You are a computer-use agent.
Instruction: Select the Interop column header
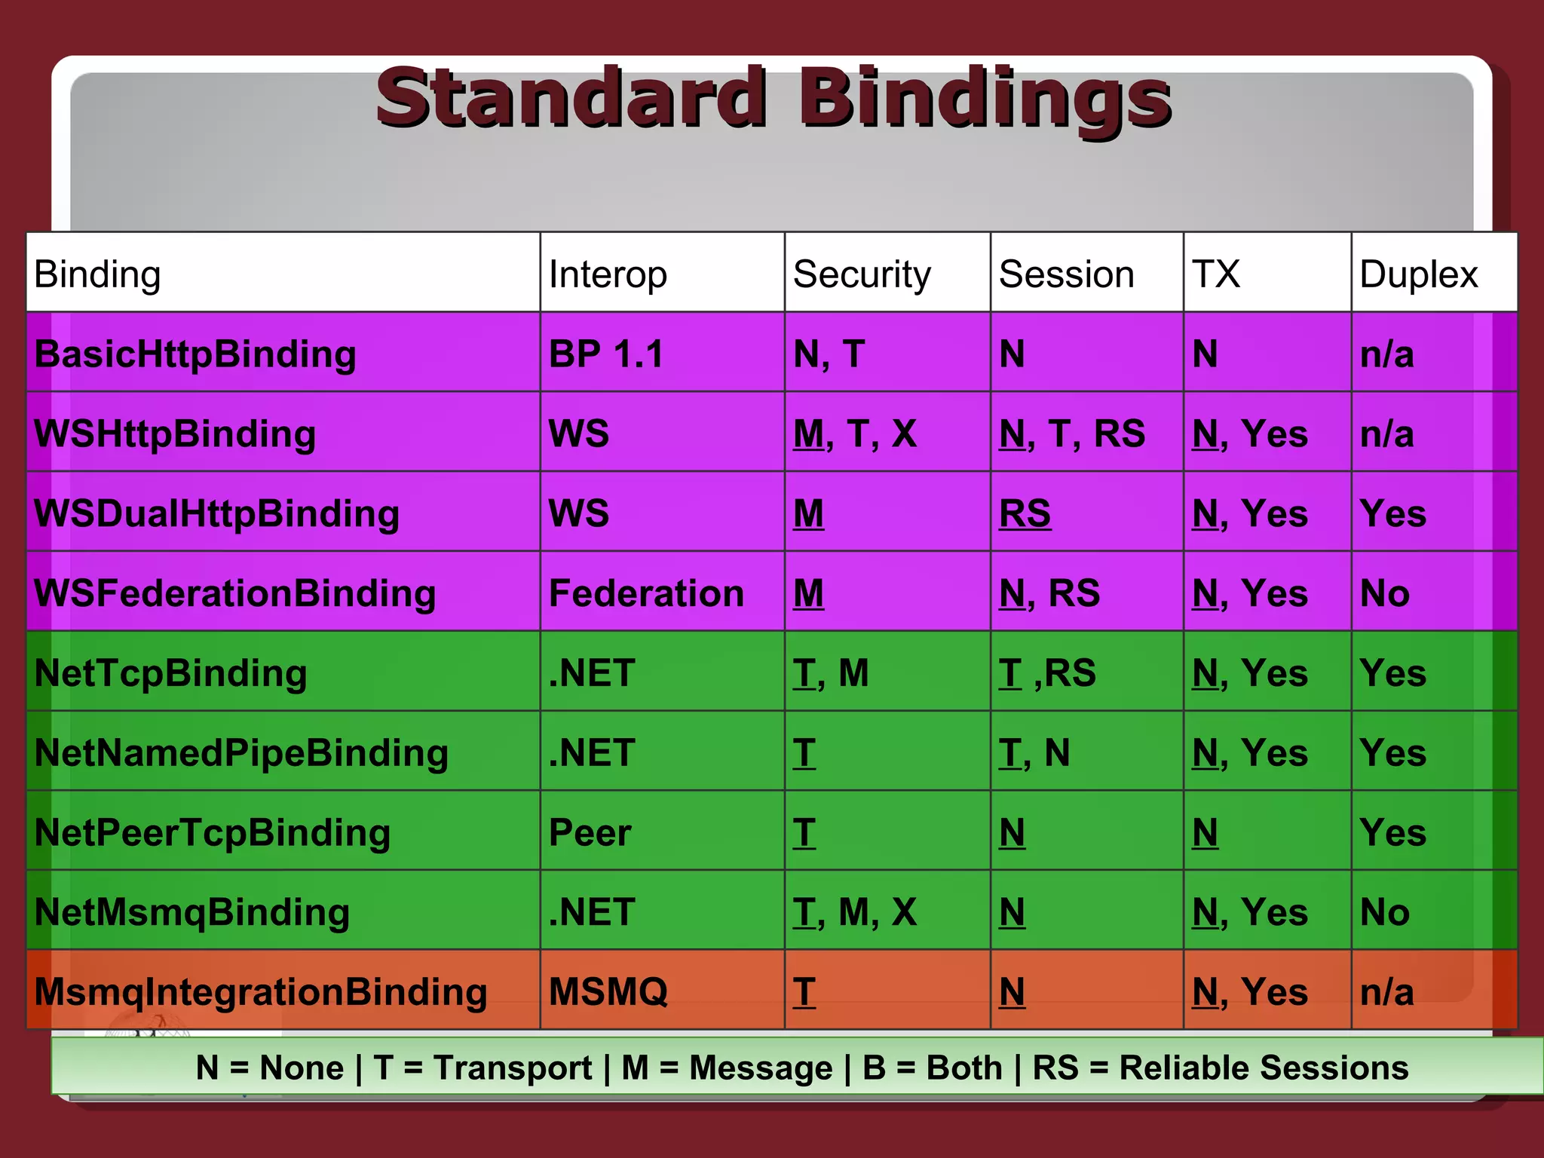(x=608, y=274)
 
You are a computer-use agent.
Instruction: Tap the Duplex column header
(x=1418, y=274)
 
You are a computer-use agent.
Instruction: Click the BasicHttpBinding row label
(x=195, y=354)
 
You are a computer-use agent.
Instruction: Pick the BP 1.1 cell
(x=606, y=354)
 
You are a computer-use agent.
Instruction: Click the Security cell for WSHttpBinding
(x=855, y=434)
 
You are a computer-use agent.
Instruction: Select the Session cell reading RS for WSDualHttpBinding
(x=1025, y=514)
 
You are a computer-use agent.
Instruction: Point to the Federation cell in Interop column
(x=646, y=593)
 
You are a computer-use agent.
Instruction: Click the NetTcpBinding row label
(x=171, y=673)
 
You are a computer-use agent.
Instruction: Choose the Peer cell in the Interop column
(x=590, y=833)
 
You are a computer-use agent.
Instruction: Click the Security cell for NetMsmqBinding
(x=855, y=912)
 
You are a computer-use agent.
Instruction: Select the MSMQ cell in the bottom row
(x=608, y=992)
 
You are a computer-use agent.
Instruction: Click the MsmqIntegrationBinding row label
(x=261, y=992)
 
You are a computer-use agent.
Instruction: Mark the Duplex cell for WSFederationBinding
(x=1385, y=593)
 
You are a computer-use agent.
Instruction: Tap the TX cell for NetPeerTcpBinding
(x=1205, y=833)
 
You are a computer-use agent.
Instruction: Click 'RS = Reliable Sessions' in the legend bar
(x=1220, y=1068)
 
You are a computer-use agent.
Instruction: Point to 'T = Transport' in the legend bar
(x=482, y=1068)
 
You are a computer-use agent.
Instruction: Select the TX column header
(x=1215, y=274)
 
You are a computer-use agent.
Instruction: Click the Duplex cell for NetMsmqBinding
(x=1385, y=912)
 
